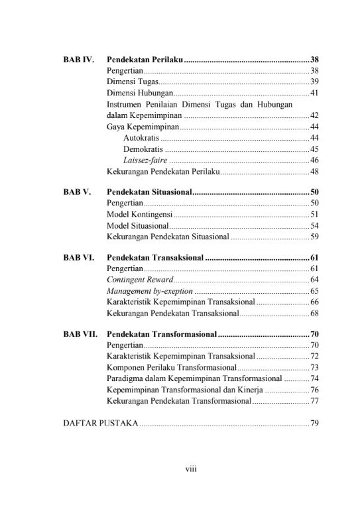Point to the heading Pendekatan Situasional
tap(149, 192)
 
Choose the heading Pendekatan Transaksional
tap(154, 257)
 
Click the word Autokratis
tap(141, 138)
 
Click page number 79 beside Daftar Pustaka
tap(314, 423)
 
